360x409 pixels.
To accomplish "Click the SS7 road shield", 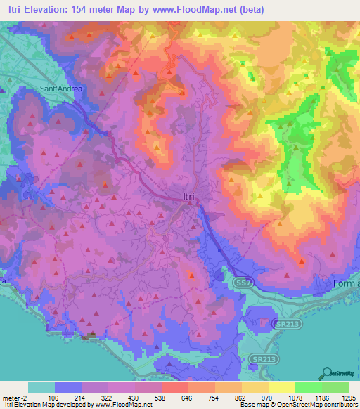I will [240, 280].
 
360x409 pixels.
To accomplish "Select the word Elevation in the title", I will [48, 10].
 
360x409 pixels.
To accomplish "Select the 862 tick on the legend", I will [241, 397].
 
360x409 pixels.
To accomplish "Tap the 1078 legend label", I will [295, 397].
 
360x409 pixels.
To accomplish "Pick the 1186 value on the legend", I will [321, 397].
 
